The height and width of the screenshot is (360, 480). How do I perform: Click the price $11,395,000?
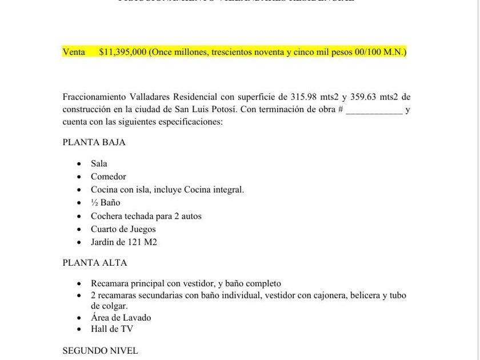[122, 52]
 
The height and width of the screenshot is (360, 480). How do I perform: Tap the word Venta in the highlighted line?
[74, 52]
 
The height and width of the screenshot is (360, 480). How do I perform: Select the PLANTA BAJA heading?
[94, 142]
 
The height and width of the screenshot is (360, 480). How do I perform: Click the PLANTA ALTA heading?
[95, 263]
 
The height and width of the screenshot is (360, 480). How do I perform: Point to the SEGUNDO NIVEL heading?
[100, 350]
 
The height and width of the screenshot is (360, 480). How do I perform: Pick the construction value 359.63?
[362, 97]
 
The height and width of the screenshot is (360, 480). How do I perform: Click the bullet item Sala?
[99, 163]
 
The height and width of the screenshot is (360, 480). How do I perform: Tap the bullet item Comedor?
[108, 177]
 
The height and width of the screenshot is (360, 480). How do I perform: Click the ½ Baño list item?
[105, 202]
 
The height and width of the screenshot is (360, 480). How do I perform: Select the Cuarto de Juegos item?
[123, 229]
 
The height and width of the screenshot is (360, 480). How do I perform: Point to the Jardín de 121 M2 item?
[123, 242]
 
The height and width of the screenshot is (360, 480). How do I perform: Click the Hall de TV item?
[111, 329]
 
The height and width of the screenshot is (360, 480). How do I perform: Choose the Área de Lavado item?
[121, 317]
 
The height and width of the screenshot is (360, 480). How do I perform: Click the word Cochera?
[107, 216]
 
